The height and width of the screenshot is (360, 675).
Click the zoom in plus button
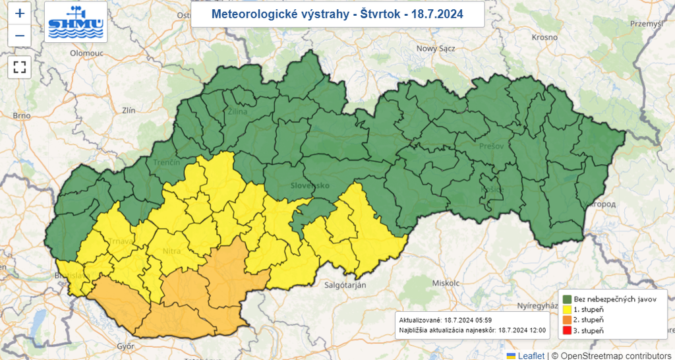point(20,13)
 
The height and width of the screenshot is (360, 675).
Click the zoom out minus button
point(20,36)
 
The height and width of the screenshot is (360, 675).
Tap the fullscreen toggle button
point(20,67)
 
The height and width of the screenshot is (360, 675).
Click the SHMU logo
point(76,22)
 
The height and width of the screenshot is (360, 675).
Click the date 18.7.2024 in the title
point(437,14)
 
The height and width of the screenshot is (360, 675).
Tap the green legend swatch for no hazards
point(566,299)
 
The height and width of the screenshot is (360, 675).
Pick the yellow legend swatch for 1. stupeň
point(566,309)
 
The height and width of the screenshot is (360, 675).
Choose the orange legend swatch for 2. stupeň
point(566,320)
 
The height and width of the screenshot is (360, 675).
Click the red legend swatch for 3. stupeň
point(566,330)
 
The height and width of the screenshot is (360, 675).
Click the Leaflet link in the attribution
point(531,355)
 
